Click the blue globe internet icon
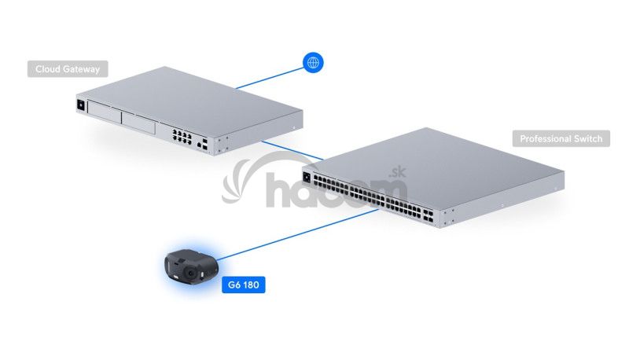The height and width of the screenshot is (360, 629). pos(313,63)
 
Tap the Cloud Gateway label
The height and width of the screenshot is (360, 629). pos(68,69)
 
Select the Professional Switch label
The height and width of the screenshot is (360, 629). pos(561,139)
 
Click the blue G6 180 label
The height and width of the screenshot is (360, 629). pos(244,285)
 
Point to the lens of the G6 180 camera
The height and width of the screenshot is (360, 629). pos(191,273)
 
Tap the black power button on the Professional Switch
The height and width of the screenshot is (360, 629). pos(307,176)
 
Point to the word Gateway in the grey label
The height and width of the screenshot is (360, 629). pos(82,69)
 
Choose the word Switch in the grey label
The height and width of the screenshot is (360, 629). pos(587,139)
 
